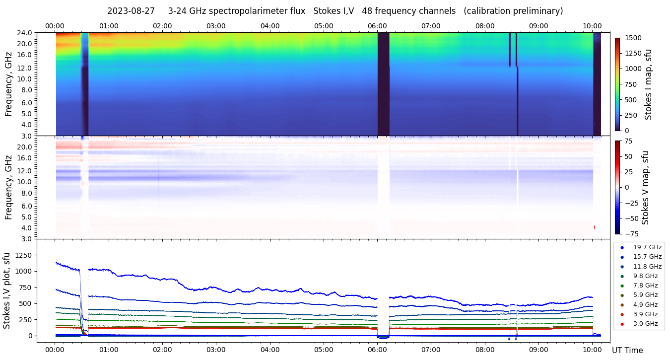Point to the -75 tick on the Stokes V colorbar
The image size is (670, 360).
point(631,233)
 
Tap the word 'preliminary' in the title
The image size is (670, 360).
point(538,11)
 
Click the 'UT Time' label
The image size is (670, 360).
point(627,350)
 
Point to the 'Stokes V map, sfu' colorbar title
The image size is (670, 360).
point(645,188)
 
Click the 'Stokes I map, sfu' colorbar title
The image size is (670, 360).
point(648,84)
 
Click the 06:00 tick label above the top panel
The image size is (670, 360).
point(377,26)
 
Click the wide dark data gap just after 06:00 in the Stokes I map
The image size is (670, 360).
point(383,84)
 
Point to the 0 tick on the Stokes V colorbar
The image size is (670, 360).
point(626,187)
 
